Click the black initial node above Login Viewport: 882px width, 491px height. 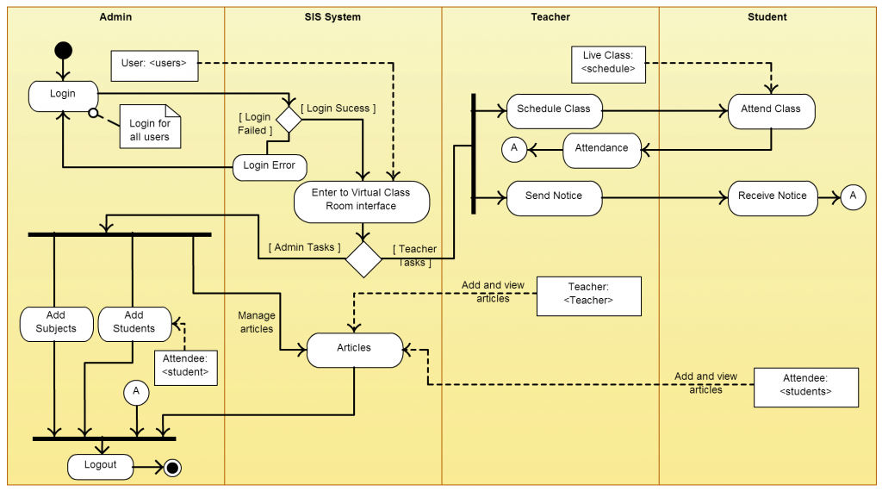(x=64, y=50)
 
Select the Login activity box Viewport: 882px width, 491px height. (x=63, y=95)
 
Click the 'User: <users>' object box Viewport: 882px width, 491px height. (x=154, y=63)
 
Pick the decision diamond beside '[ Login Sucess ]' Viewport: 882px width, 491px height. (x=287, y=120)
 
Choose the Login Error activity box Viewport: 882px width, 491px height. (x=270, y=166)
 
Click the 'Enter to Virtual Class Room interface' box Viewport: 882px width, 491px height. (x=361, y=200)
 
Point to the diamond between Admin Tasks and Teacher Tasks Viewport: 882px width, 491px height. (x=363, y=258)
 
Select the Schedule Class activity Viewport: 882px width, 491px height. (x=554, y=109)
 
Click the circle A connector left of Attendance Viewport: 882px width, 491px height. (x=514, y=149)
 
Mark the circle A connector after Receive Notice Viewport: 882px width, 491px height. (x=853, y=196)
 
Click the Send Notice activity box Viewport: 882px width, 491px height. (x=554, y=196)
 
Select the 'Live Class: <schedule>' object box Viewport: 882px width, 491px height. (x=608, y=63)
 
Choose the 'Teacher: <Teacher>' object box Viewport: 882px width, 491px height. (x=589, y=295)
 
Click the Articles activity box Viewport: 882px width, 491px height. (x=354, y=349)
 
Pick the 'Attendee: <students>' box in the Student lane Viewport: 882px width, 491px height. (x=806, y=386)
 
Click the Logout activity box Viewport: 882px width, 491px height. (x=101, y=466)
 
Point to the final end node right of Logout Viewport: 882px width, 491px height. (x=172, y=468)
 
